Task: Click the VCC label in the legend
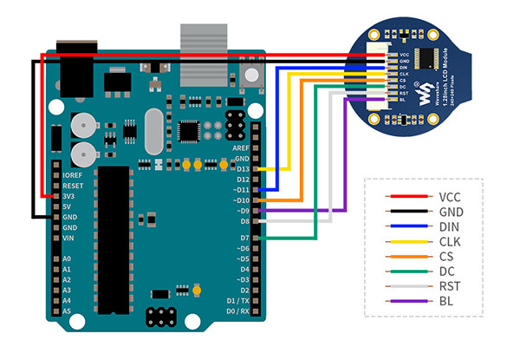pos(451,197)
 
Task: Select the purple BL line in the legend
pos(408,302)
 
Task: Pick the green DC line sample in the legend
pos(408,272)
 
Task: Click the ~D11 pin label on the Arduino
pos(240,189)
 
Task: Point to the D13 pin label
pos(242,168)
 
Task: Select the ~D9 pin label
pos(242,210)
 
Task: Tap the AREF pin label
pos(241,147)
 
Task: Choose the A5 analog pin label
pos(68,311)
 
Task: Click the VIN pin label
pos(70,237)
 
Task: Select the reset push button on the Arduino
pos(252,77)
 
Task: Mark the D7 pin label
pos(244,238)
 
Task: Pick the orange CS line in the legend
pos(408,257)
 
